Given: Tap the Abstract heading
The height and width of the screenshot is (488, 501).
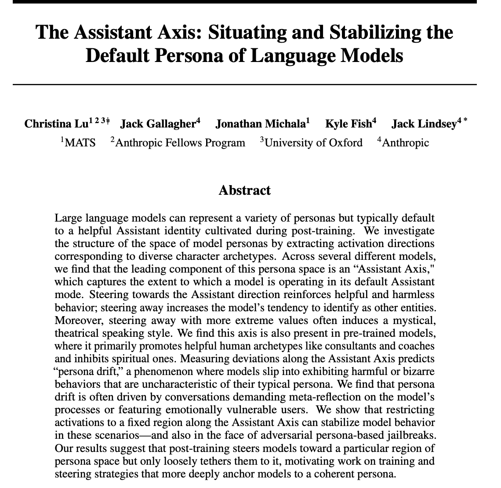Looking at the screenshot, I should point(244,190).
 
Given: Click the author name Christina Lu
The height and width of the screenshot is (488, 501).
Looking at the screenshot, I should point(56,124).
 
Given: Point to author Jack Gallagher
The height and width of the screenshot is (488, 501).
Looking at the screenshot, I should point(157,124).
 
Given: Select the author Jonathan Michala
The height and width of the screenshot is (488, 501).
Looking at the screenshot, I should point(260,124).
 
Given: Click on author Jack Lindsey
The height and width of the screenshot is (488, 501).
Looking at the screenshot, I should point(424,124).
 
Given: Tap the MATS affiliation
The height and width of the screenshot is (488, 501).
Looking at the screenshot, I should point(80,142).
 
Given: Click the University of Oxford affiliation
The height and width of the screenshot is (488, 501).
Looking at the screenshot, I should point(314,142).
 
